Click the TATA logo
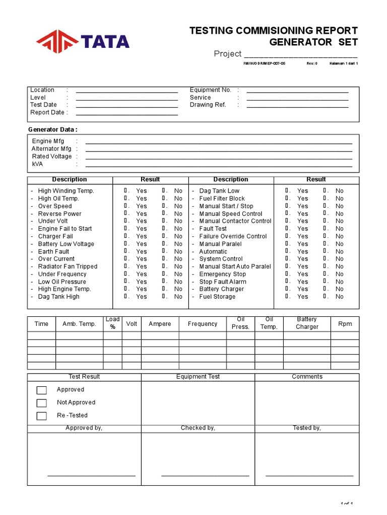coord(83,41)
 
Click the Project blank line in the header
coord(300,55)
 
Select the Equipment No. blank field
coord(297,91)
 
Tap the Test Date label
coord(43,105)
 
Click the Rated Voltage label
coord(51,156)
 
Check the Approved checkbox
coord(42,390)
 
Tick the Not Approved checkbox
coord(42,403)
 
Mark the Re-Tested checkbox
coord(42,416)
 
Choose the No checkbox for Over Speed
coord(164,206)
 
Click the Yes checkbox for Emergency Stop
coord(287,274)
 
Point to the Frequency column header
coord(203,324)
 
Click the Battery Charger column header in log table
coord(307,323)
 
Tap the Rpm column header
coord(345,324)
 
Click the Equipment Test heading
coord(198,376)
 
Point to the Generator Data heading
coord(52,129)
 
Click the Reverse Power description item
coord(59,213)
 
